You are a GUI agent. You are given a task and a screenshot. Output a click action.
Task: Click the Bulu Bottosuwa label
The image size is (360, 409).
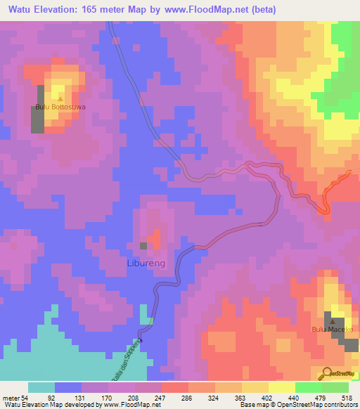[60, 108]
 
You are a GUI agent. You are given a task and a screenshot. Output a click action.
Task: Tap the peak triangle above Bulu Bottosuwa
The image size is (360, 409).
[60, 99]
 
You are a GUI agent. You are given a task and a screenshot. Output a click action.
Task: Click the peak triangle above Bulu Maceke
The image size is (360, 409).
[330, 320]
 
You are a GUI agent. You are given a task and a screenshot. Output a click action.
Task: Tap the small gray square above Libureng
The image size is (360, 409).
[143, 246]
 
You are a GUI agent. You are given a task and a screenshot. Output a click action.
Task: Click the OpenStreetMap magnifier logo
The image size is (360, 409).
[327, 373]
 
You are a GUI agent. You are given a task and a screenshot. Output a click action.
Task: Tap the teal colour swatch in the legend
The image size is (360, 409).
[41, 387]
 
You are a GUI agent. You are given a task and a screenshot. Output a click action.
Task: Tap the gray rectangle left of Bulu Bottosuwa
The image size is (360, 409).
[37, 109]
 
